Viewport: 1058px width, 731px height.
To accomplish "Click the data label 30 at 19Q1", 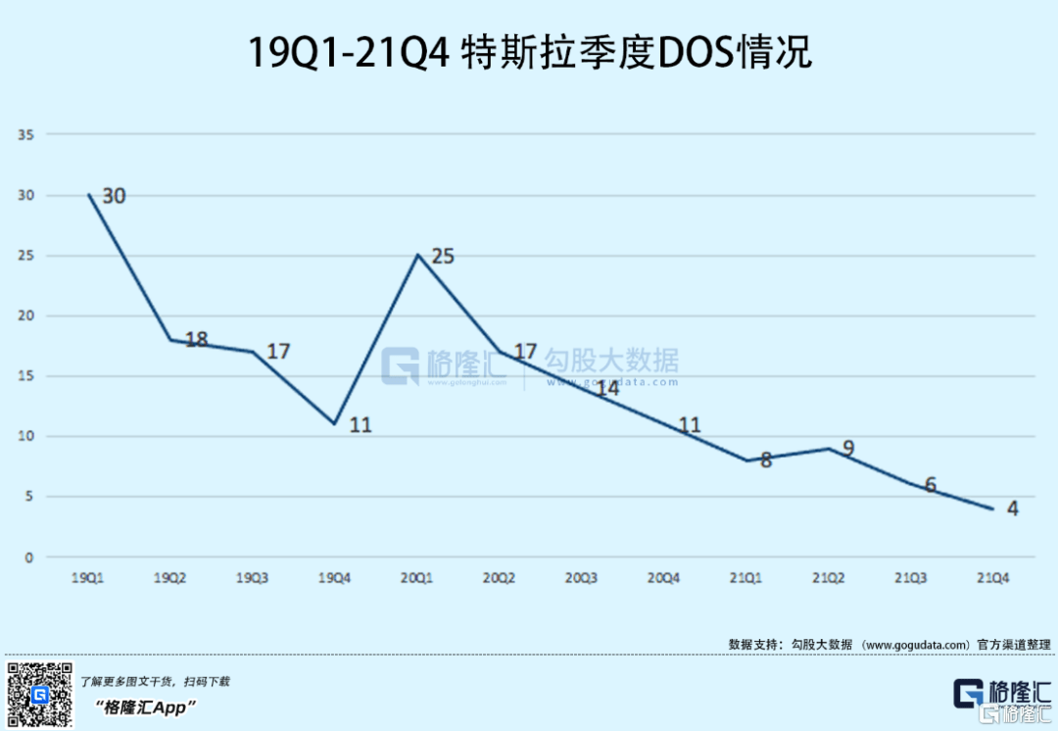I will [x=114, y=196].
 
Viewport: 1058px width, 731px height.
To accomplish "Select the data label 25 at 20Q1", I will [x=443, y=257].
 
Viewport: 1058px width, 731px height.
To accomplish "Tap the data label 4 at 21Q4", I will [x=1012, y=509].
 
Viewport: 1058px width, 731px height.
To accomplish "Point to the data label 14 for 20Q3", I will [x=607, y=388].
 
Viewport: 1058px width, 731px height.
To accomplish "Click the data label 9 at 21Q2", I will [x=848, y=449].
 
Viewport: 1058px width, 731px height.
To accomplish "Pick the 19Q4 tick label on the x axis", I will [x=334, y=578].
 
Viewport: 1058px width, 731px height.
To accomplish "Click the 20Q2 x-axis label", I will [x=499, y=578].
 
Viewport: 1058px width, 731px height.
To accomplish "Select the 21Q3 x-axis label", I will [x=910, y=578].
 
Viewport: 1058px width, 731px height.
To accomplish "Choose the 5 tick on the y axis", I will [x=28, y=497].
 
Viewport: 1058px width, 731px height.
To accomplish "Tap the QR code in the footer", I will [x=40, y=694].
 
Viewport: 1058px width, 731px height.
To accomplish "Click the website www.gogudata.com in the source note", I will [x=916, y=644].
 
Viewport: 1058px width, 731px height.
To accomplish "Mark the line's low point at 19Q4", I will [x=334, y=424].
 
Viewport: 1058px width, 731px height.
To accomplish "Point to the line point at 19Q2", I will [x=169, y=340].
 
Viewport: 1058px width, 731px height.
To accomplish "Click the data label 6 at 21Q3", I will [x=930, y=485].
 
